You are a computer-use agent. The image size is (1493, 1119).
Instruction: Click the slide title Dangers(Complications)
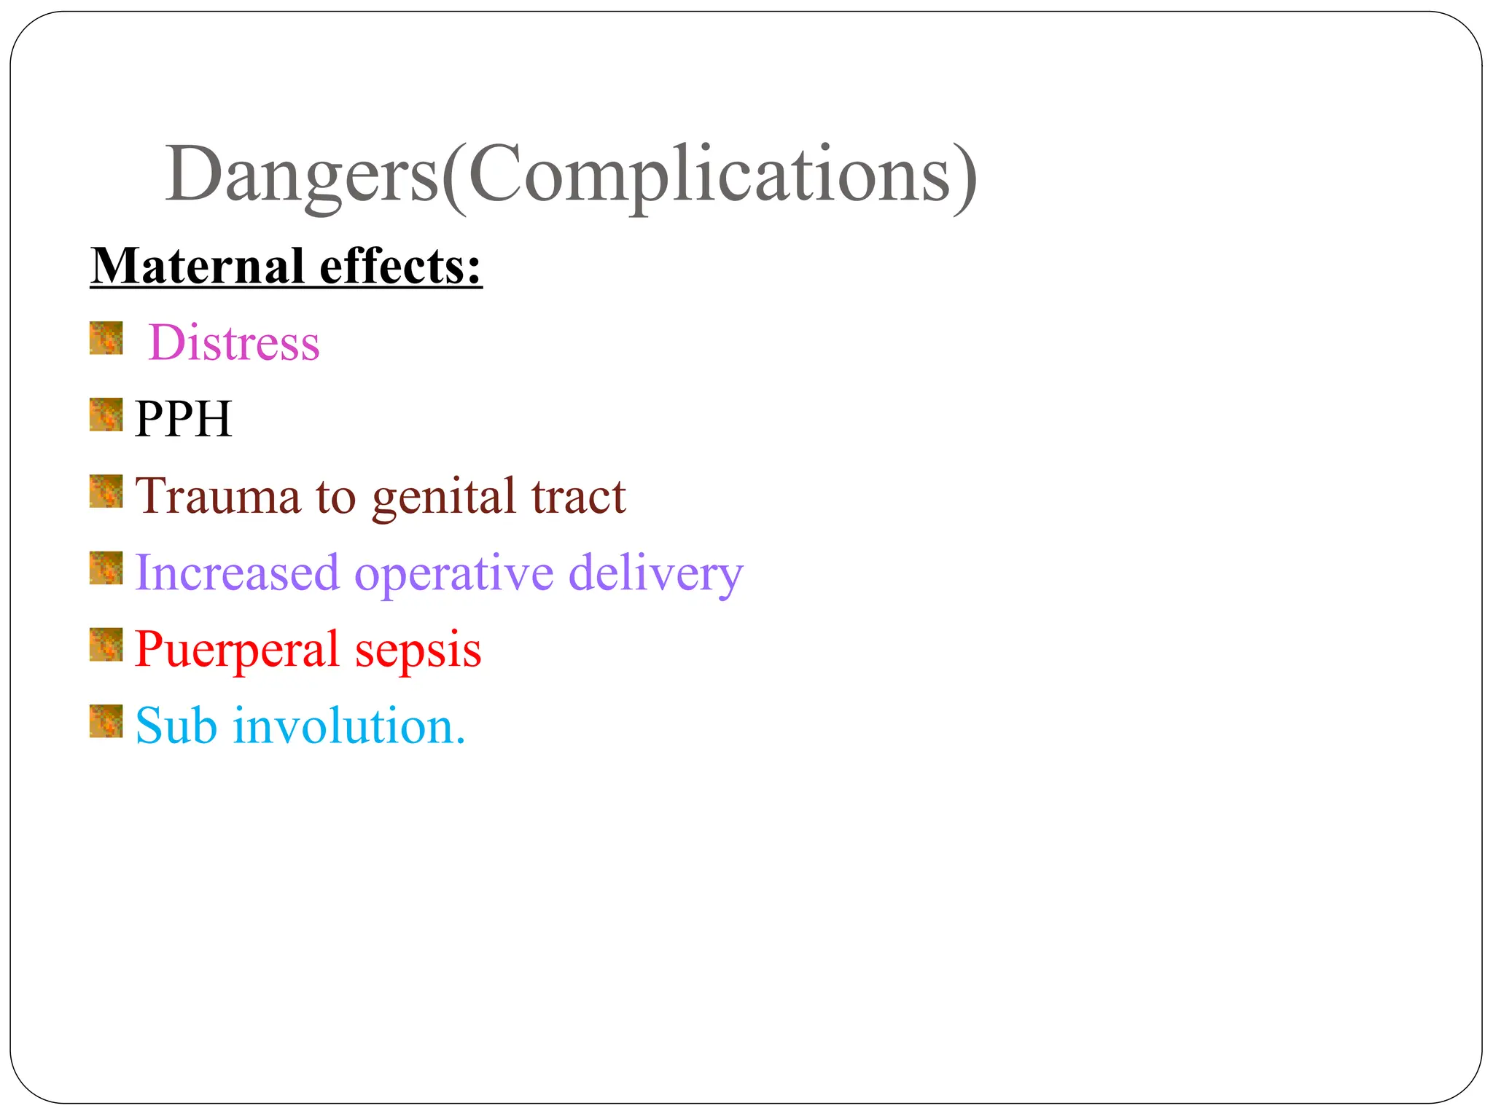click(571, 175)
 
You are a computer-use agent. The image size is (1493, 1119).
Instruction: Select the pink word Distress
click(234, 342)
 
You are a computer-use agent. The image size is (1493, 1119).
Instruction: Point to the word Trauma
click(218, 496)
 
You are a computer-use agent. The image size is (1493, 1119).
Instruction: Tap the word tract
click(578, 496)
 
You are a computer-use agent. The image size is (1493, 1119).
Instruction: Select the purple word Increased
click(238, 573)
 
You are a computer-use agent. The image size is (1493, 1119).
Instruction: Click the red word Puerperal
click(237, 651)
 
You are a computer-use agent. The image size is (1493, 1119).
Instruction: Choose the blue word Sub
click(176, 726)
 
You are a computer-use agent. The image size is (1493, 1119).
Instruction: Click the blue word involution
click(348, 726)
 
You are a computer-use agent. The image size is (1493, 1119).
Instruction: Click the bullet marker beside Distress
click(106, 339)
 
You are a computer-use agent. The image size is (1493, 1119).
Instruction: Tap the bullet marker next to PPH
click(106, 415)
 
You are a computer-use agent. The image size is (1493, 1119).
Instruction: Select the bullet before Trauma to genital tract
click(106, 491)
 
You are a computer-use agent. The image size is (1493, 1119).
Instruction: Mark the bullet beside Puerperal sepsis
click(106, 645)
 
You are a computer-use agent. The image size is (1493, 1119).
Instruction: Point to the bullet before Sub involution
click(106, 721)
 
